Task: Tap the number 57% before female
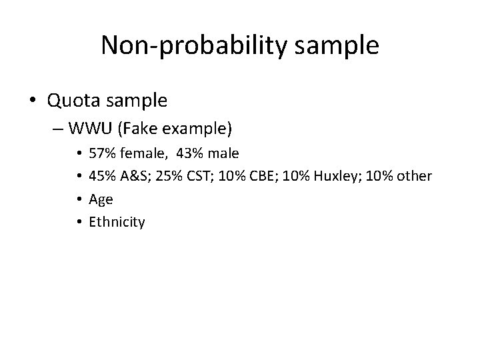click(101, 154)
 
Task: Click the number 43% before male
click(191, 154)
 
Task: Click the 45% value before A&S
click(101, 177)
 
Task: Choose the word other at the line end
click(414, 177)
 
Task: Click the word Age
click(101, 199)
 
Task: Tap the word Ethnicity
click(117, 222)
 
